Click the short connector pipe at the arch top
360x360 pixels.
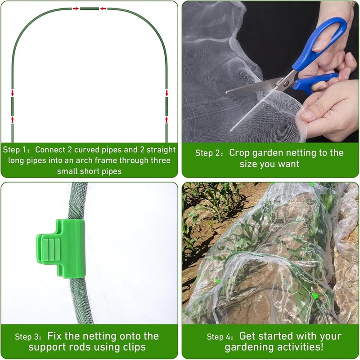point(90,9)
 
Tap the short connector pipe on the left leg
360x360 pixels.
point(13,107)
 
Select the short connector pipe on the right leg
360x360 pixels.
point(166,107)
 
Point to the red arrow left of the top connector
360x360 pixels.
point(76,9)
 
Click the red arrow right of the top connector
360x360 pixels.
point(103,9)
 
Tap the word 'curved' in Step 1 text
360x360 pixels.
point(87,150)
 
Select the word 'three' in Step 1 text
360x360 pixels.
point(161,160)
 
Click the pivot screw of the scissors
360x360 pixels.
point(286,83)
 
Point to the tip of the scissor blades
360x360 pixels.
point(226,93)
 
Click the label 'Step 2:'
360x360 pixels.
point(209,153)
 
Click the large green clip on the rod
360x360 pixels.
point(61,249)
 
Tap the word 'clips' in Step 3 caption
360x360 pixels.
point(135,347)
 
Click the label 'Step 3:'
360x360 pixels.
point(28,337)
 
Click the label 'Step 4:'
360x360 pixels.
point(220,337)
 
